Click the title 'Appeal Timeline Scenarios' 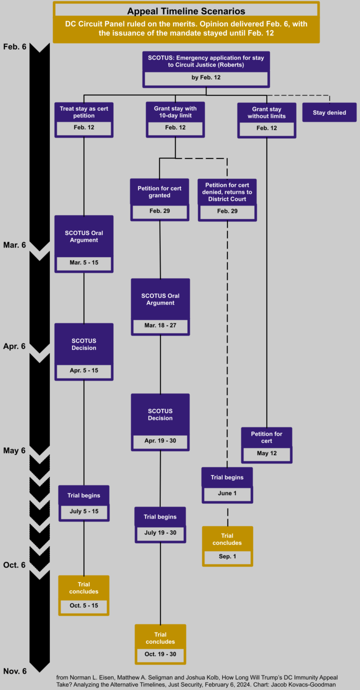click(186, 11)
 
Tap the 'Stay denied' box click(329, 113)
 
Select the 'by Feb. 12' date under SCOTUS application click(206, 77)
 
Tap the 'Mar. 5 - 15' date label click(84, 263)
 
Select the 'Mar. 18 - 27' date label click(160, 325)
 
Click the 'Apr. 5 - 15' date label click(84, 371)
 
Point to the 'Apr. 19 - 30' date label click(160, 440)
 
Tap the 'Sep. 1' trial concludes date click(227, 557)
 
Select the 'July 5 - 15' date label click(84, 512)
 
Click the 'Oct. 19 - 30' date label click(160, 654)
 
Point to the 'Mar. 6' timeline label click(14, 245)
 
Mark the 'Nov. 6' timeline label click(14, 671)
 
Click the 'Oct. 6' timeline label click(14, 565)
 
